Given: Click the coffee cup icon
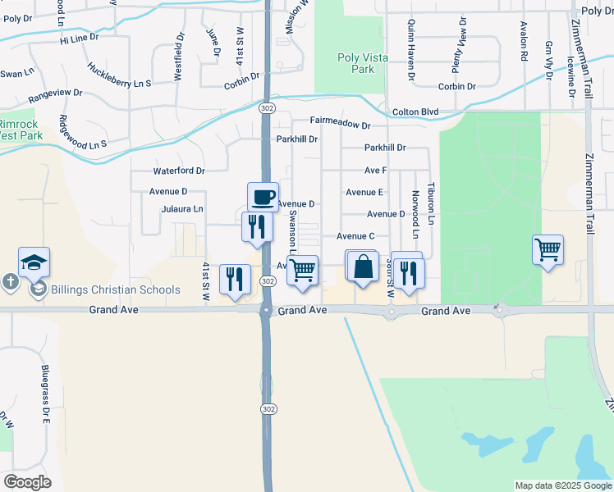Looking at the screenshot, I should click(x=263, y=197).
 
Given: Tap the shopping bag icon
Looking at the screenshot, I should click(x=363, y=267).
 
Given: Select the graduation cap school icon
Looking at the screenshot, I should click(x=34, y=262).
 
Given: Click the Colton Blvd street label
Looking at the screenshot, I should click(x=415, y=112).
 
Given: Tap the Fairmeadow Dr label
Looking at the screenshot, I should click(x=341, y=122).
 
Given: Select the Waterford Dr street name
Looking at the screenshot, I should click(x=179, y=171).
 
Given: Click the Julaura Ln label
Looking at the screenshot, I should click(x=181, y=209).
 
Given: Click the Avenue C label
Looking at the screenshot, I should click(x=355, y=236).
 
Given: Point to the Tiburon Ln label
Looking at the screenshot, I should click(x=429, y=204).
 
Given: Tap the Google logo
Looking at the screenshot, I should click(x=27, y=481).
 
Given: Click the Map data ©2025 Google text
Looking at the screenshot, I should click(x=562, y=485).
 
